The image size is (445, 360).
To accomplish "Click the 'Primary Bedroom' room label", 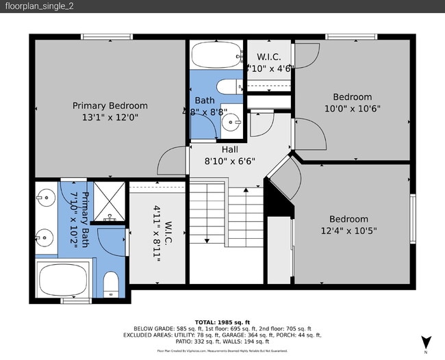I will click(x=110, y=105).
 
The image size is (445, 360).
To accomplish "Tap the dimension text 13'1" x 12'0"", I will click(x=110, y=117).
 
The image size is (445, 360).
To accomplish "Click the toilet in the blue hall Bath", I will click(x=227, y=86).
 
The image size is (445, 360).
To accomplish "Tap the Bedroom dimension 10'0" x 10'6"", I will click(x=353, y=108).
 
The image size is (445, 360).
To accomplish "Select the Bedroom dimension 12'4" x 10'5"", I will click(x=348, y=231).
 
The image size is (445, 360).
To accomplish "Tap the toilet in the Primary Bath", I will click(x=111, y=284).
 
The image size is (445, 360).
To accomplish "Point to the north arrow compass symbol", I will click(x=426, y=342).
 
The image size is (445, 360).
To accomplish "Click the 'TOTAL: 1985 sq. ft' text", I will click(x=222, y=321).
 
